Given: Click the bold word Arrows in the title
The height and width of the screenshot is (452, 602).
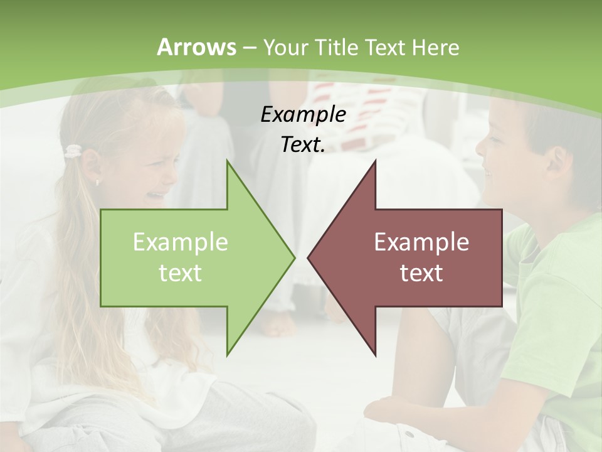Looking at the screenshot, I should pyautogui.click(x=196, y=47).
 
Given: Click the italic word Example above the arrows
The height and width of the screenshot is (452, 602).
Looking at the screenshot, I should pyautogui.click(x=303, y=115).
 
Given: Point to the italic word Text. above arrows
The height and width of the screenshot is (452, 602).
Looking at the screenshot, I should pyautogui.click(x=303, y=145).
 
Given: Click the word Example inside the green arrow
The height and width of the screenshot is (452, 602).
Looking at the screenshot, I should pyautogui.click(x=180, y=242).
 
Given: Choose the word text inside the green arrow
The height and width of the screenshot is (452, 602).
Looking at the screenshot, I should pyautogui.click(x=180, y=272).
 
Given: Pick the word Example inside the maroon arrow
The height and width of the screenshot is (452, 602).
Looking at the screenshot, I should pyautogui.click(x=421, y=242).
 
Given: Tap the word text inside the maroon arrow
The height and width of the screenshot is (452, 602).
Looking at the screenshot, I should pyautogui.click(x=421, y=272).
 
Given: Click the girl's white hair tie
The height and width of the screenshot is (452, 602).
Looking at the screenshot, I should pyautogui.click(x=73, y=151).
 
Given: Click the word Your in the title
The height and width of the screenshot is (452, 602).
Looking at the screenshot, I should pyautogui.click(x=286, y=47).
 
